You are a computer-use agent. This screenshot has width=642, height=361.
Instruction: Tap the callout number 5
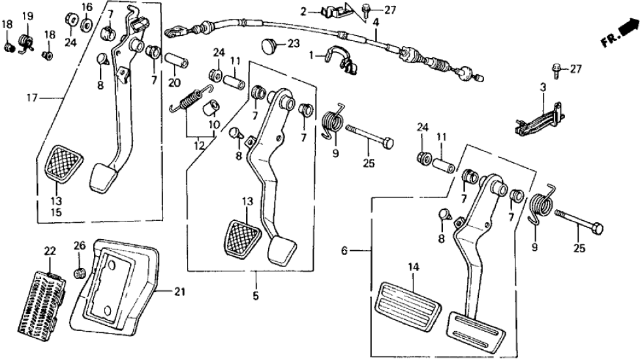click(256, 296)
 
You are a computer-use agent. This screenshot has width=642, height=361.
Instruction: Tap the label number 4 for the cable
click(376, 23)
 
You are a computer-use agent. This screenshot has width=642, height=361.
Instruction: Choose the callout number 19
click(27, 16)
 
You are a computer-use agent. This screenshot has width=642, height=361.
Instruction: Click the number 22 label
click(50, 251)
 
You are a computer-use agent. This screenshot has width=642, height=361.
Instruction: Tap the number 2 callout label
click(303, 11)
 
